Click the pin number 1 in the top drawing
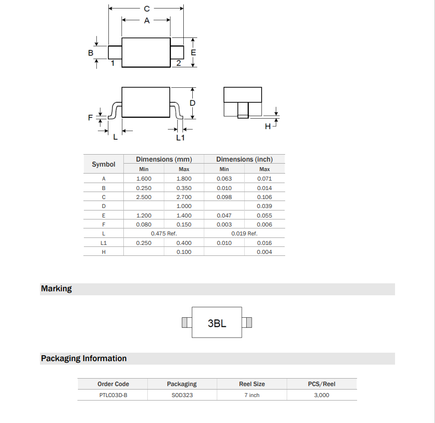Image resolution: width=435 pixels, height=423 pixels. pyautogui.click(x=113, y=63)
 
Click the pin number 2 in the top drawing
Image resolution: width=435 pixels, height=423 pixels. pyautogui.click(x=178, y=63)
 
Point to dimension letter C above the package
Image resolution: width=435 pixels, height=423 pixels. pyautogui.click(x=146, y=9)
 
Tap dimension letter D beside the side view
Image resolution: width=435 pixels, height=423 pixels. pyautogui.click(x=192, y=103)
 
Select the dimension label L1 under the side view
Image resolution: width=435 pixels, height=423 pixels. pyautogui.click(x=180, y=138)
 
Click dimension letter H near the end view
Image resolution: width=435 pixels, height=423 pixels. pyautogui.click(x=268, y=127)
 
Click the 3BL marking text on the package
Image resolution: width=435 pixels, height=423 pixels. pyautogui.click(x=217, y=323)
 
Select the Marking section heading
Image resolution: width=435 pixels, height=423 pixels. pyautogui.click(x=56, y=289)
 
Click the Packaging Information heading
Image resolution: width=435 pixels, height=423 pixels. pyautogui.click(x=84, y=359)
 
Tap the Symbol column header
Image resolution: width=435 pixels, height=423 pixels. pyautogui.click(x=103, y=164)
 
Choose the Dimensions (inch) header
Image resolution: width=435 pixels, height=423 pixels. pyautogui.click(x=244, y=159)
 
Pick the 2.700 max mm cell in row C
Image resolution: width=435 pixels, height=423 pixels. pyautogui.click(x=184, y=197)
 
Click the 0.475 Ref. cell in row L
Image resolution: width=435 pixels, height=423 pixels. pyautogui.click(x=164, y=233)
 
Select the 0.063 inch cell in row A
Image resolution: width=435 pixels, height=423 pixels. pyautogui.click(x=224, y=179)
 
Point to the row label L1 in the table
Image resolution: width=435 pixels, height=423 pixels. pyautogui.click(x=103, y=243)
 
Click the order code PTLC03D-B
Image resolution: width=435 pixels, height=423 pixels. pyautogui.click(x=113, y=395)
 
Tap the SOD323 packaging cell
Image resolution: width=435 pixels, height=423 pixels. pyautogui.click(x=182, y=395)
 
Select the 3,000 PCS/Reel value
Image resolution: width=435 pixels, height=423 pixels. pyautogui.click(x=322, y=395)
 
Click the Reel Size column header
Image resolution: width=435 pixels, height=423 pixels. pyautogui.click(x=252, y=384)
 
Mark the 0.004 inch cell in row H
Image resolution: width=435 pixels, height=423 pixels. pyautogui.click(x=264, y=252)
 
